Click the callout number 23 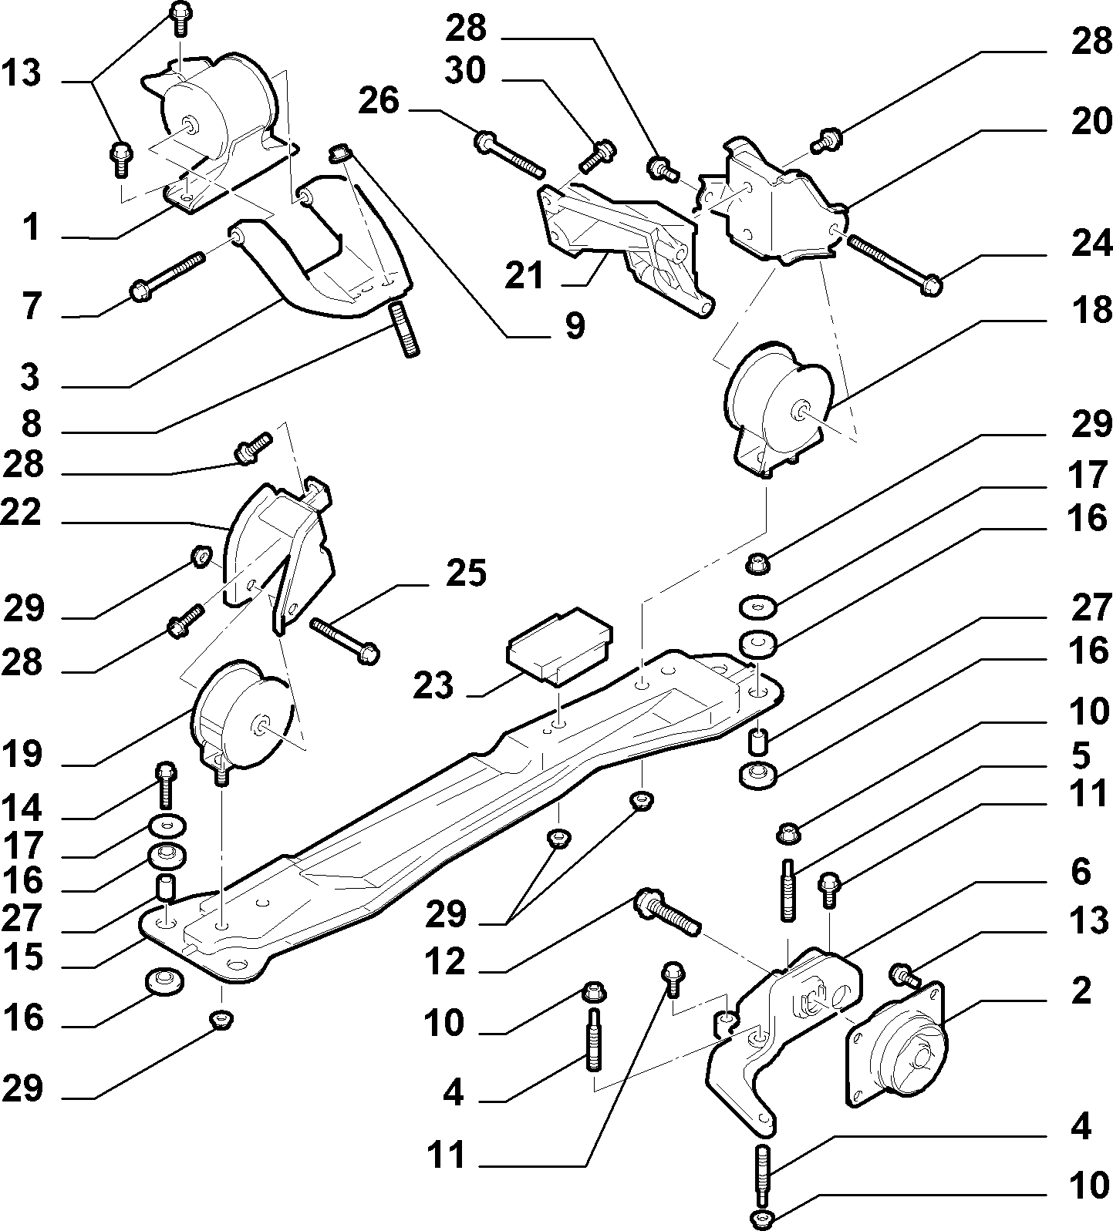click(433, 684)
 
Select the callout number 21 click(524, 276)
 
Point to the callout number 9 click(574, 326)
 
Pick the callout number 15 click(22, 959)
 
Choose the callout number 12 click(445, 962)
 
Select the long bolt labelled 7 click(169, 276)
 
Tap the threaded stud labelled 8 click(404, 328)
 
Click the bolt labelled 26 click(511, 153)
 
